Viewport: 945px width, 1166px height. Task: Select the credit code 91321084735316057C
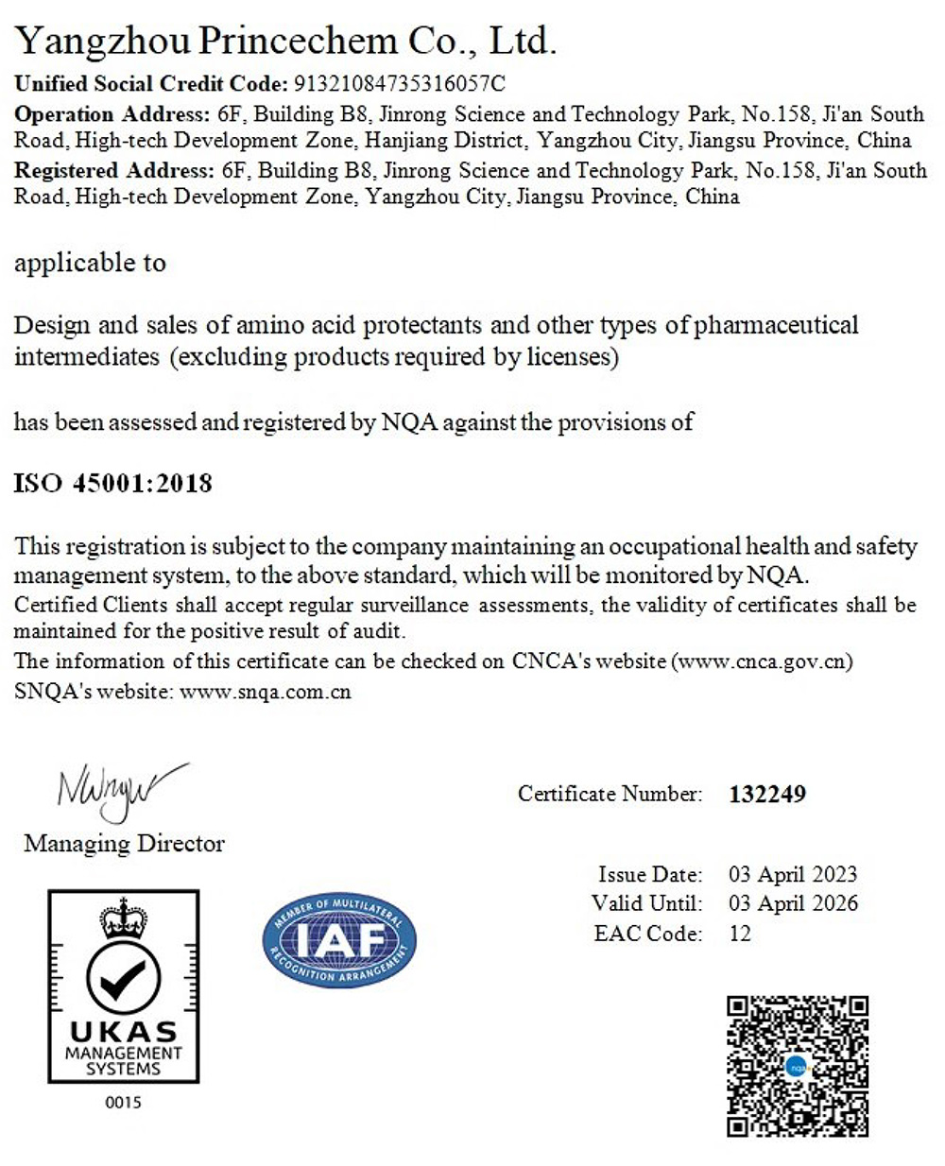tap(401, 83)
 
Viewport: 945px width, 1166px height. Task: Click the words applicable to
tap(90, 263)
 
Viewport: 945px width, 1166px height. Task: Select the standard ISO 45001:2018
tap(112, 484)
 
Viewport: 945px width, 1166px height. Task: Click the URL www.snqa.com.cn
tap(265, 692)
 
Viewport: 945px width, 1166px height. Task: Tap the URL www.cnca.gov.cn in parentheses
tap(763, 661)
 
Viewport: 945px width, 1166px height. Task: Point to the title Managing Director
tap(124, 843)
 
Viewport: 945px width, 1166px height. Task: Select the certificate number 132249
tap(767, 794)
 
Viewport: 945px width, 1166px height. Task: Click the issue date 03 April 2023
tap(792, 874)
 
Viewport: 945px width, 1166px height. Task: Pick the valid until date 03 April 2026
tap(793, 903)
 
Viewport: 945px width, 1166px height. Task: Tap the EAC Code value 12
tap(739, 934)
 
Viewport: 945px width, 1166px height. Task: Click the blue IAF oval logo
tap(338, 940)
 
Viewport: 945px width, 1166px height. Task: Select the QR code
tap(797, 1065)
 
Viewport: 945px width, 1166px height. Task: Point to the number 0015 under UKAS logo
tap(123, 1102)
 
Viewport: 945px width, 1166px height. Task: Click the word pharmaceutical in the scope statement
tap(776, 325)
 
